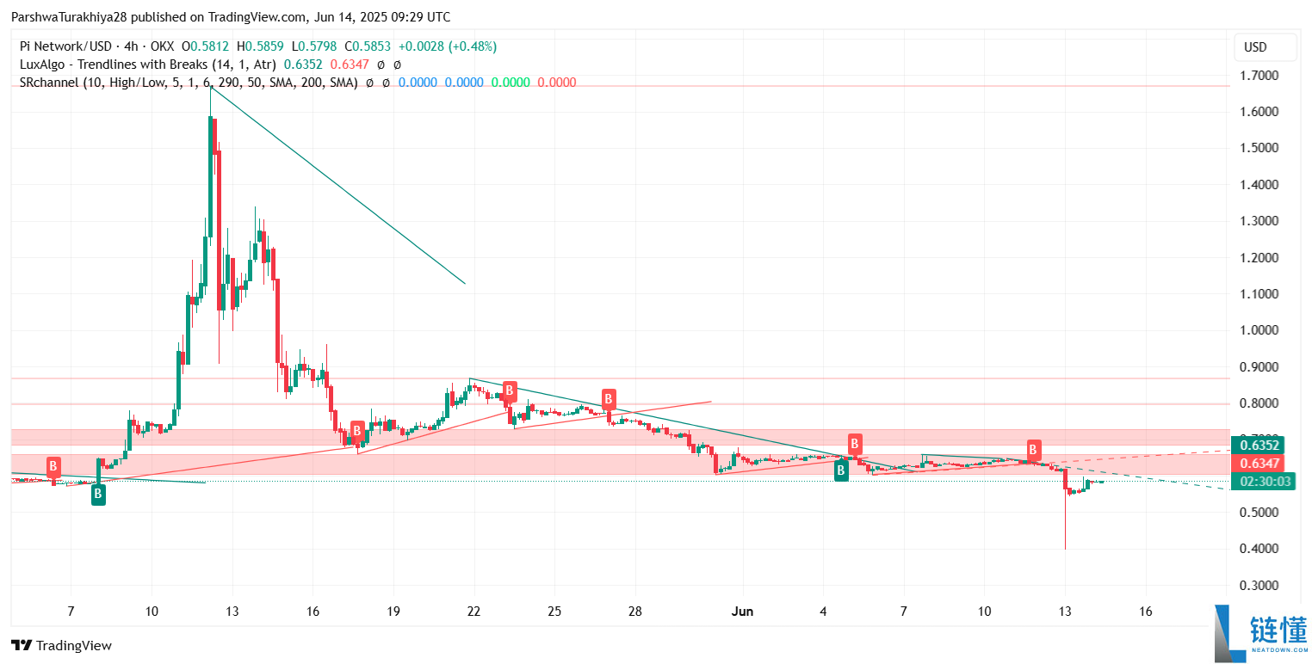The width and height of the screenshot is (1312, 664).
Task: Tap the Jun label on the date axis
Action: click(x=741, y=612)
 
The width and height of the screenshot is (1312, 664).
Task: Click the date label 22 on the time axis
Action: click(x=473, y=612)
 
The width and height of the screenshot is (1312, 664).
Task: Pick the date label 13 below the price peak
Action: click(x=232, y=612)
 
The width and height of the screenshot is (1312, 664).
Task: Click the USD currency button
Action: click(x=1265, y=47)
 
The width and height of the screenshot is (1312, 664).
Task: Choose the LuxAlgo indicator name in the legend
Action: click(x=113, y=65)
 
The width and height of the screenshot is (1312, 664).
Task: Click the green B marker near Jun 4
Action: click(x=841, y=470)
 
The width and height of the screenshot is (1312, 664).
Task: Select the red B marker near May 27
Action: click(x=609, y=399)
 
